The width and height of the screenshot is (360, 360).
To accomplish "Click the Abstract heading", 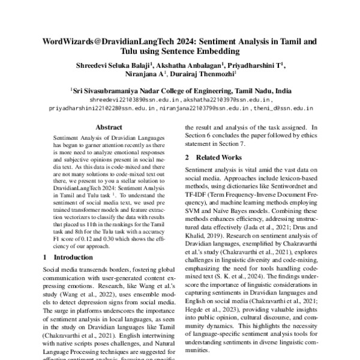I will click(x=109, y=127).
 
